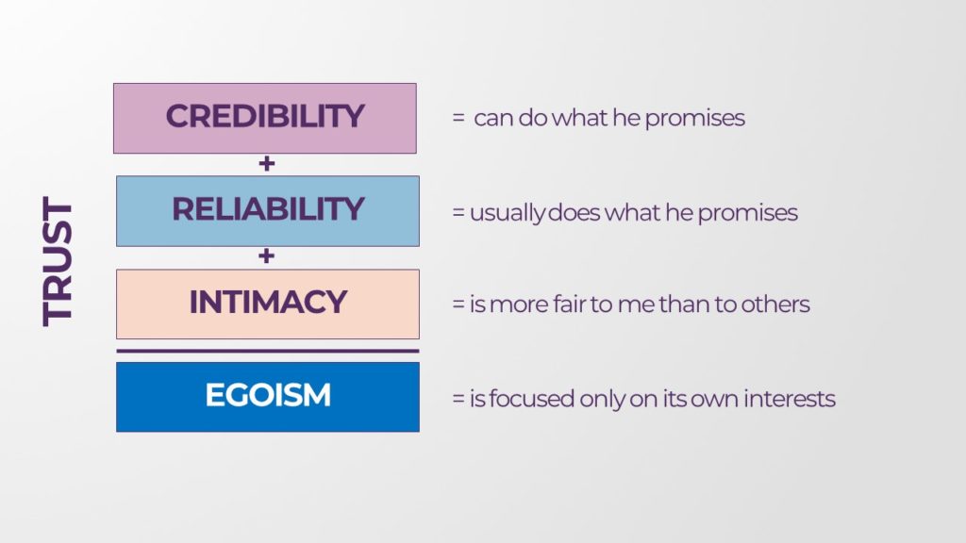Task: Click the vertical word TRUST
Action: (x=58, y=262)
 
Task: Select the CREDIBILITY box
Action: (x=265, y=118)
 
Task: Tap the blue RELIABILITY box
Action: (x=268, y=211)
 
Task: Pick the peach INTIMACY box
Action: (x=268, y=304)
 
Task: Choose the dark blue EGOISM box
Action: (x=268, y=397)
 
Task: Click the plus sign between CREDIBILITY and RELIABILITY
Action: (x=267, y=164)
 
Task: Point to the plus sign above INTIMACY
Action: (x=266, y=256)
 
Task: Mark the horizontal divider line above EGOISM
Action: (x=268, y=351)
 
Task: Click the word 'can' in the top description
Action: (x=492, y=118)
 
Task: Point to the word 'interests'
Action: (x=790, y=399)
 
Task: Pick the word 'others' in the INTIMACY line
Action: (x=775, y=304)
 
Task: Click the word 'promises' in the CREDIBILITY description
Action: (x=695, y=119)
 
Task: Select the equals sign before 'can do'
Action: (x=458, y=118)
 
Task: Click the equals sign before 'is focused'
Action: (x=458, y=399)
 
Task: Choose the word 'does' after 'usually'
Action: (x=574, y=212)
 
